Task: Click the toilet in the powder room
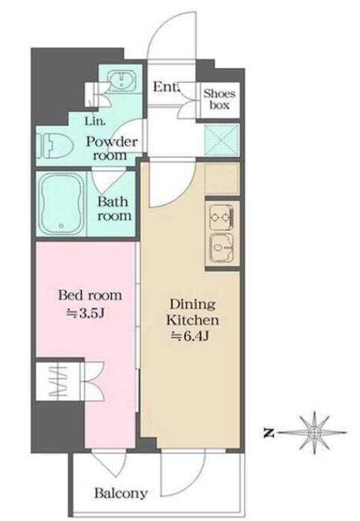pos(55,145)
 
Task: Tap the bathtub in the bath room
pos(61,203)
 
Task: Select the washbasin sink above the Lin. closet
pos(121,80)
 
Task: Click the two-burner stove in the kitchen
pos(221,217)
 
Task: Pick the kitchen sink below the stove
pos(221,248)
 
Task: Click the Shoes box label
pos(219,99)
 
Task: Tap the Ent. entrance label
pos(166,87)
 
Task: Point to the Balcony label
pos(121,493)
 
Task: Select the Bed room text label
pos(90,295)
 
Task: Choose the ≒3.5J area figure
pos(86,313)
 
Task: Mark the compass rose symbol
pos(313,432)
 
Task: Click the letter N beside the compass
pos(269,434)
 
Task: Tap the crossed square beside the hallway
pos(221,141)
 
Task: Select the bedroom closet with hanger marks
pos(59,382)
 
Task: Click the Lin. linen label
pos(96,121)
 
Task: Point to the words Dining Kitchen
pos(193,312)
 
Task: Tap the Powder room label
pos(112,148)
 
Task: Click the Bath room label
pos(114,209)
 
